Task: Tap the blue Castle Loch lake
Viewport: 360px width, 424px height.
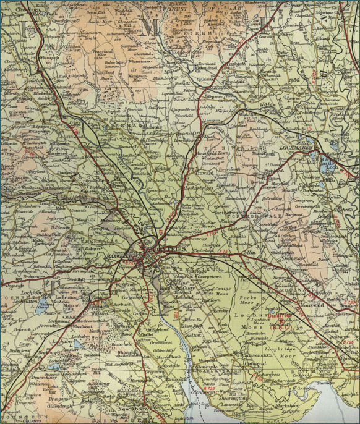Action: point(324,160)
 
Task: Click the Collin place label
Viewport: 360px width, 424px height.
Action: point(249,252)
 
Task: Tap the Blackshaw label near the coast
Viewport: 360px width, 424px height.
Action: point(285,404)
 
